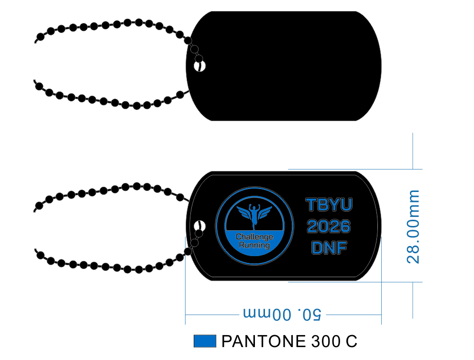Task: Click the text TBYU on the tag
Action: pos(329,204)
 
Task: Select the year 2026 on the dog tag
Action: pos(329,226)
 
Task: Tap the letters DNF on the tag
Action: pos(329,248)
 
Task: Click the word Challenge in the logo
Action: pos(254,237)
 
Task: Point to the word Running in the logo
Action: pos(254,245)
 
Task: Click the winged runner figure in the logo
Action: pos(254,215)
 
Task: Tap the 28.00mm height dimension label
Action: pos(413,227)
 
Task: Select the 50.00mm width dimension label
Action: pos(282,314)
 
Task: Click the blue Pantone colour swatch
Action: pos(205,341)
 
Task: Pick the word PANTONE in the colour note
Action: pos(264,341)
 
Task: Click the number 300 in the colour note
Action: pos(326,341)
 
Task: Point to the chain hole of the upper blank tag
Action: pos(199,66)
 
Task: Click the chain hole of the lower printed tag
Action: pos(199,226)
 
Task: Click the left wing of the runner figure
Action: pos(244,212)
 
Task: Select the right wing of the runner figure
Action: pos(265,212)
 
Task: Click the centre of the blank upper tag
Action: pos(284,66)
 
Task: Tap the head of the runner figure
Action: pos(254,206)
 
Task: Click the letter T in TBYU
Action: pos(311,204)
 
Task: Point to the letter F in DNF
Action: pos(342,248)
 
